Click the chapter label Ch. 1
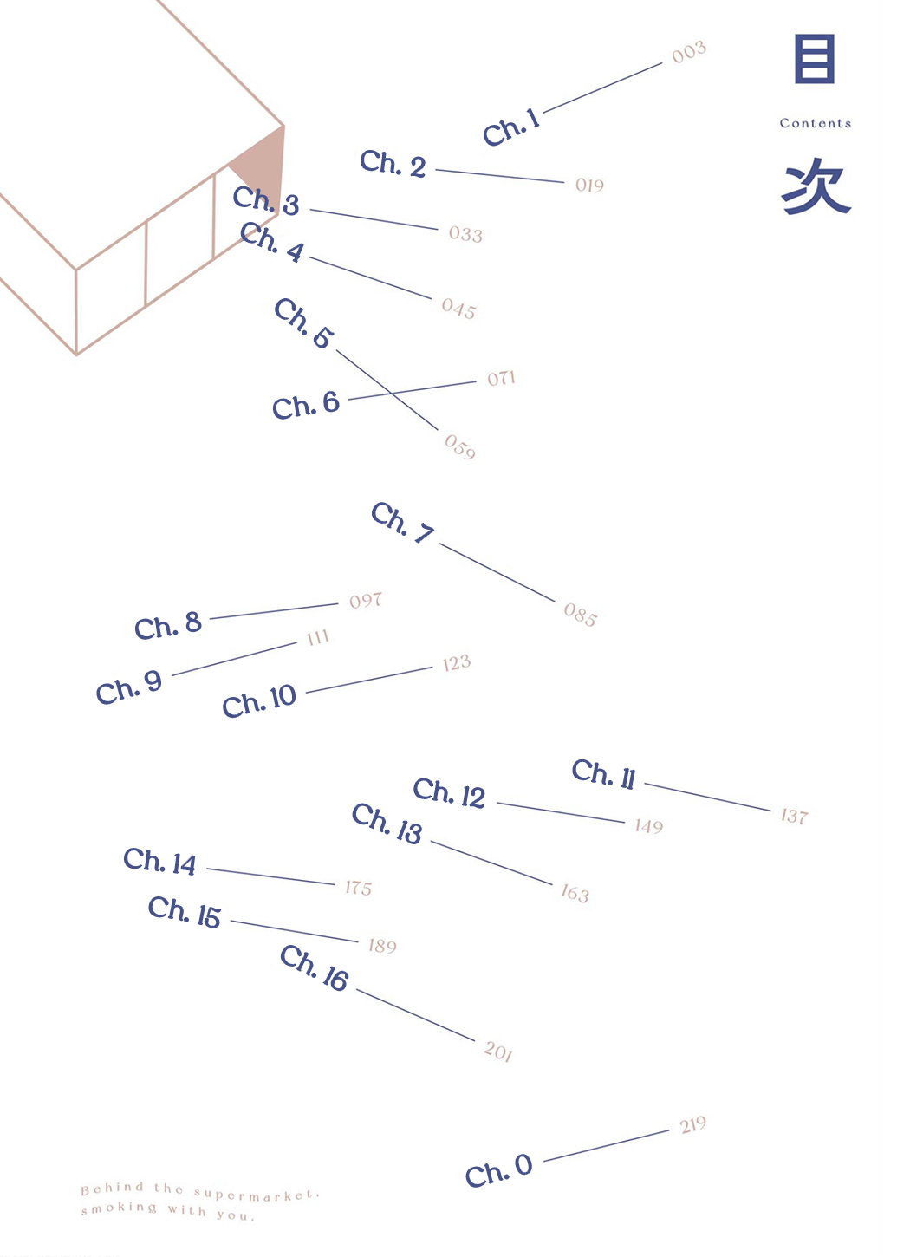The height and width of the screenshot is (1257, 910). tap(511, 127)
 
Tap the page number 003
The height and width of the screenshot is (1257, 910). tap(689, 52)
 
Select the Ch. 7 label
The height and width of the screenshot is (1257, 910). tap(403, 523)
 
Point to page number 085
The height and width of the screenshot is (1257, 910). tap(581, 615)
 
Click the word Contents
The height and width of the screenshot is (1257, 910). tap(816, 123)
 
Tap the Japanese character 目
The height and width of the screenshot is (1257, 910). tap(815, 59)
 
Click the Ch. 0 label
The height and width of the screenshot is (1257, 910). tap(498, 1170)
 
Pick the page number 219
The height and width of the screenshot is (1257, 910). tap(692, 1124)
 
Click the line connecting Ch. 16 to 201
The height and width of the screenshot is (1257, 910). tap(416, 1015)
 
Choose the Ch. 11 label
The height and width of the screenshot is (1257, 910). tap(604, 774)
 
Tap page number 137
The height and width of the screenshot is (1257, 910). tap(795, 816)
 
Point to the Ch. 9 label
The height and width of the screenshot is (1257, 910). tap(129, 687)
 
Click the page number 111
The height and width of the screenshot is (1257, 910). tap(318, 637)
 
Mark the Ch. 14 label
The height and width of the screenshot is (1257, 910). tap(159, 862)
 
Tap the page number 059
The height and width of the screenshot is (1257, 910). tap(460, 446)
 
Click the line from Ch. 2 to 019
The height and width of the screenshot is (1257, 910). tap(500, 176)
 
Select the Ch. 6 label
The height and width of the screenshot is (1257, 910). tap(306, 405)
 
